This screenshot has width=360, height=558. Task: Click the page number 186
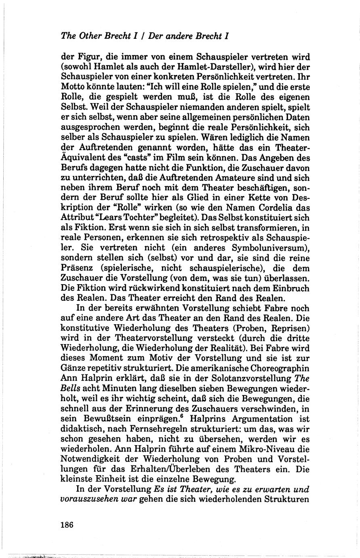(66, 525)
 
